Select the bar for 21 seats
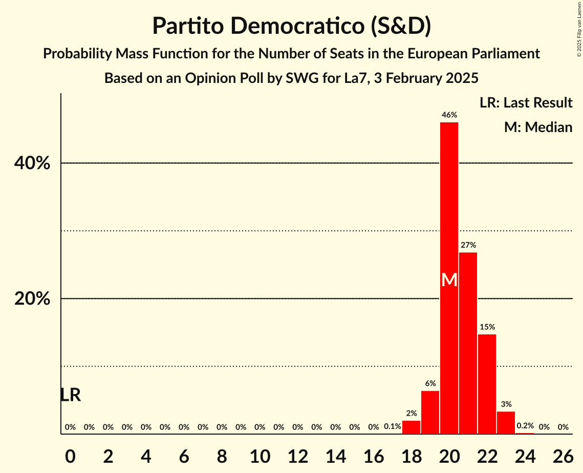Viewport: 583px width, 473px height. [468, 343]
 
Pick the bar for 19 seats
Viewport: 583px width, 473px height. [430, 413]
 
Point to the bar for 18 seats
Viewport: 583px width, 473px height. [412, 427]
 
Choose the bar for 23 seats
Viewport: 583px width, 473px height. [506, 423]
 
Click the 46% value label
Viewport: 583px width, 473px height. [449, 115]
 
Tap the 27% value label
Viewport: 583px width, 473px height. [468, 245]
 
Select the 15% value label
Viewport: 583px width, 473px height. [487, 327]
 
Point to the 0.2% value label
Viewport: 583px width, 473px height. [525, 426]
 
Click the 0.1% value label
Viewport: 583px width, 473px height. [393, 427]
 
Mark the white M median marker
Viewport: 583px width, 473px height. [449, 279]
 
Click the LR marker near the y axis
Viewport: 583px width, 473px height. [70, 395]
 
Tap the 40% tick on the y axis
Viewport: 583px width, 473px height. [32, 163]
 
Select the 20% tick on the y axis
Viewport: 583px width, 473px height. [32, 299]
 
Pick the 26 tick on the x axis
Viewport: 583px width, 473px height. [563, 456]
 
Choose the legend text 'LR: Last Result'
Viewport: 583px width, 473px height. [526, 103]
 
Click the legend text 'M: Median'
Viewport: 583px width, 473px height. [538, 127]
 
